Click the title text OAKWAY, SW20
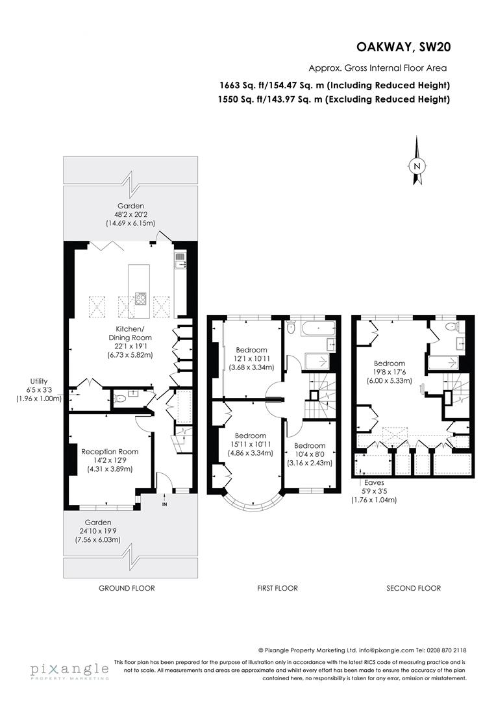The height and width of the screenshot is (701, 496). point(403,47)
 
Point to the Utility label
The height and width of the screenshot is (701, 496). point(39,381)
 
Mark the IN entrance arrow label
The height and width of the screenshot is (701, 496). point(165,503)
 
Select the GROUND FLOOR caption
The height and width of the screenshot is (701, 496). point(127,588)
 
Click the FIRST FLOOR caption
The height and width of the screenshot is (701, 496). point(277,588)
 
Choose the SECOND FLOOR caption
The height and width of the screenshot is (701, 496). point(414,588)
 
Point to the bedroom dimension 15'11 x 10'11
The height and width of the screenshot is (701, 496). point(250,444)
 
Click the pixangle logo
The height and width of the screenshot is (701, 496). point(68,669)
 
